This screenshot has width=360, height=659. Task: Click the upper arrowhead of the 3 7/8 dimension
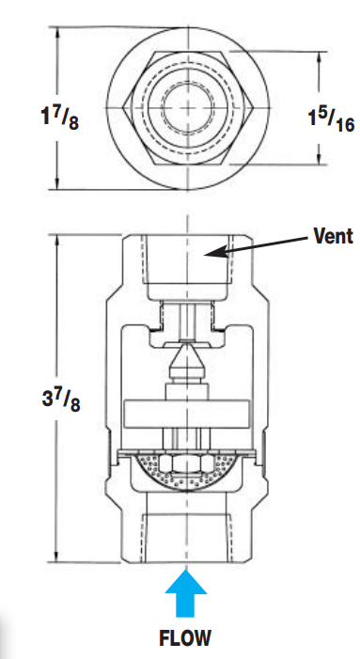(x=58, y=237)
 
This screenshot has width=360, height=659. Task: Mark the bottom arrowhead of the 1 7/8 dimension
(x=58, y=183)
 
